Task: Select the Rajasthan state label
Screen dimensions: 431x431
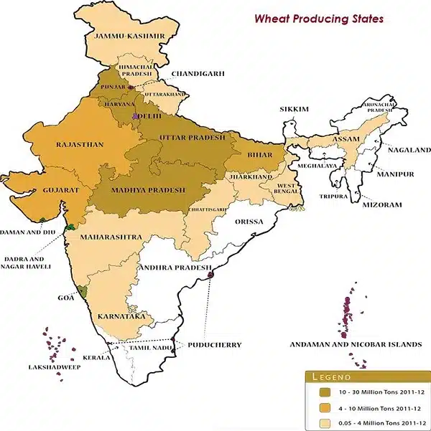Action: pos(79,145)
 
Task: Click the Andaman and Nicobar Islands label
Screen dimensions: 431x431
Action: pos(355,344)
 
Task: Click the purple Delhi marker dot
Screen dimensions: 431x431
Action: pos(135,115)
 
